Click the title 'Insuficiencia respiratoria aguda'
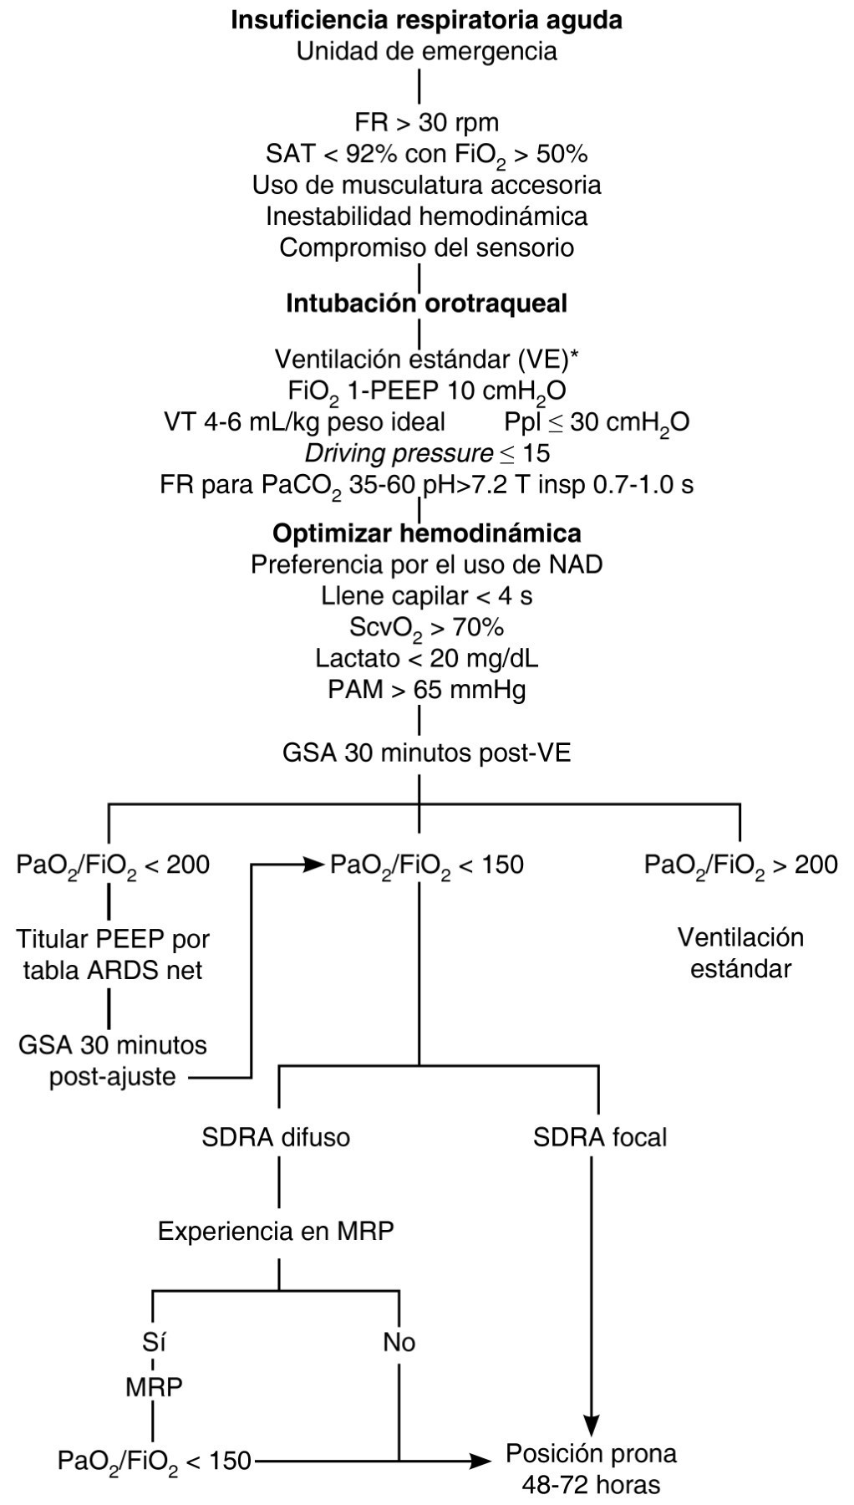tap(426, 20)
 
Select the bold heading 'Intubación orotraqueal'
tap(426, 304)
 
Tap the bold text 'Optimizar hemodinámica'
tap(426, 533)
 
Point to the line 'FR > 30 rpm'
tap(426, 122)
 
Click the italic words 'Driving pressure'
tap(398, 453)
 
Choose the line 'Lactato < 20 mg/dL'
tap(426, 658)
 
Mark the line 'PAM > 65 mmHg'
tap(426, 690)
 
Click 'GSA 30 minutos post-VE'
tap(426, 752)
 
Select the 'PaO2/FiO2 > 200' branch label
tap(740, 865)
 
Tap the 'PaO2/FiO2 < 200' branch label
tap(113, 865)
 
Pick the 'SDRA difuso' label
tap(276, 1137)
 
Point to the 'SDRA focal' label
tap(600, 1137)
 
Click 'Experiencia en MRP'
tap(276, 1231)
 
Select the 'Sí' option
tap(153, 1343)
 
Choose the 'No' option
tap(399, 1343)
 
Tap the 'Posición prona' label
tap(591, 1453)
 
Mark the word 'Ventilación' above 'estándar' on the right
tap(740, 937)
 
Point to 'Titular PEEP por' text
tap(113, 939)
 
